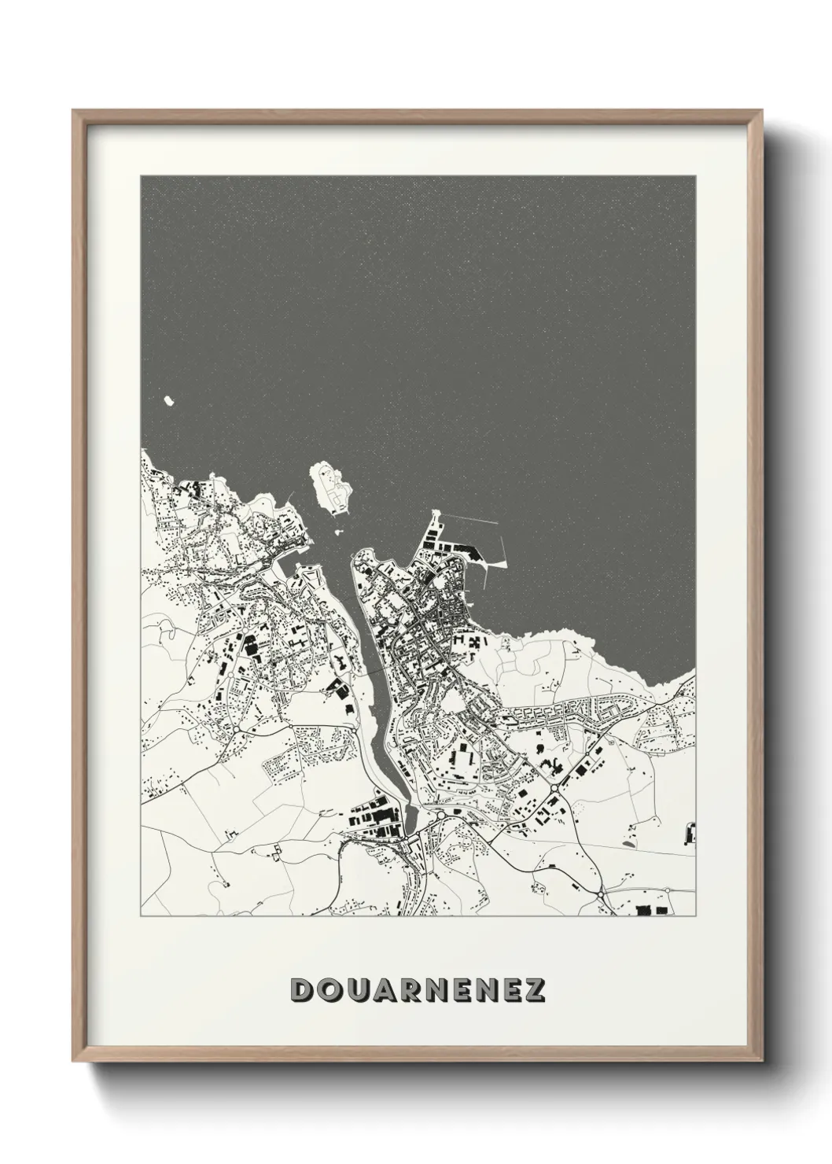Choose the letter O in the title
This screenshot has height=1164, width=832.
click(x=327, y=990)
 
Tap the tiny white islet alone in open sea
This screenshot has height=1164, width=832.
click(x=168, y=402)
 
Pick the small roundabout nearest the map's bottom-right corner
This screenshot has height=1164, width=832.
click(x=667, y=891)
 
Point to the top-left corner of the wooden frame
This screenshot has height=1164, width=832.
click(x=73, y=111)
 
